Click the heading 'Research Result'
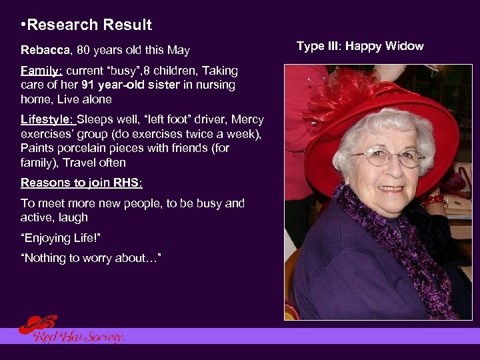pos(90,25)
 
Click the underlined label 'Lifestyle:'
pos(47,120)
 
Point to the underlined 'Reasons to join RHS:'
pos(81,183)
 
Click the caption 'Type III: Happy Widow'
pos(360,46)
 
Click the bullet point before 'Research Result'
pos(24,25)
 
